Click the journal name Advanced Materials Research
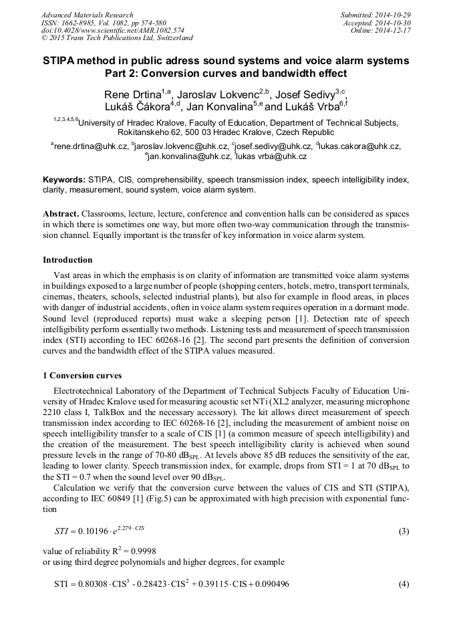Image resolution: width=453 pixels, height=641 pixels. pos(87,15)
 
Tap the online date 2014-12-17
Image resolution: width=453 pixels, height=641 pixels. pos(396,30)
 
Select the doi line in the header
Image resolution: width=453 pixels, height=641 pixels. pos(113,30)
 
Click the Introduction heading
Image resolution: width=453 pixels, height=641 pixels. pos(67,259)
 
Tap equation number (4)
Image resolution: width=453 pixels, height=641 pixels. pos(404,584)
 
